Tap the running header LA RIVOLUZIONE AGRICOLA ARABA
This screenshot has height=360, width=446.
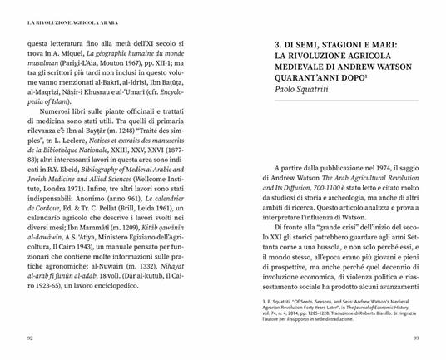point(64,11)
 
